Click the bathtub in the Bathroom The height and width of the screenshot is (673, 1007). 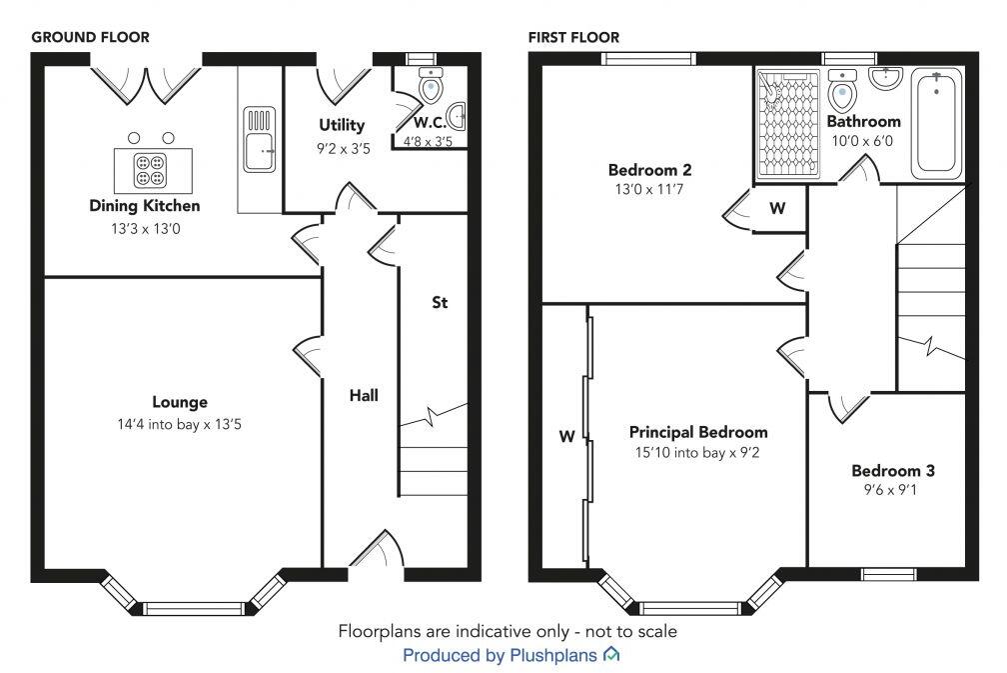click(937, 123)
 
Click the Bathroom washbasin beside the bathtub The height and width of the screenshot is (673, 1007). click(886, 79)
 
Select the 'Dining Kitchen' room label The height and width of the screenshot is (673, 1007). click(145, 206)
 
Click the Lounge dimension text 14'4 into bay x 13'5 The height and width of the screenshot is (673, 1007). click(180, 424)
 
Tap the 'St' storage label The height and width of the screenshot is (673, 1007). click(439, 301)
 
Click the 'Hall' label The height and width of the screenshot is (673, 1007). click(364, 396)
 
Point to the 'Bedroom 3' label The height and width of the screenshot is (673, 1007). click(893, 470)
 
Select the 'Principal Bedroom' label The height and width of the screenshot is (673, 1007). click(698, 432)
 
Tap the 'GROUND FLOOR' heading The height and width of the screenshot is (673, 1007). click(91, 37)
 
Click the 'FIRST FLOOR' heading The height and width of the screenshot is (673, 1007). click(574, 37)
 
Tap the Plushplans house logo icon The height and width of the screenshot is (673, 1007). click(611, 655)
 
